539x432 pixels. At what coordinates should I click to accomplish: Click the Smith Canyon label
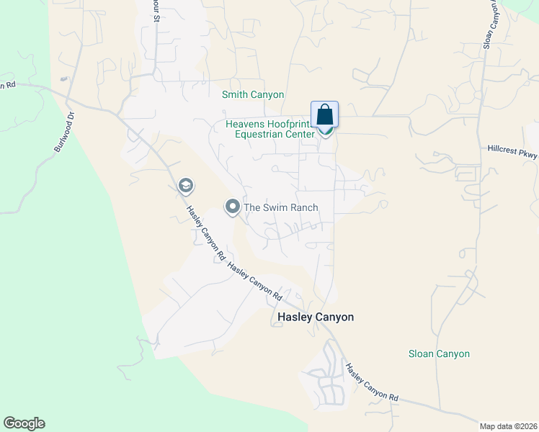(x=253, y=95)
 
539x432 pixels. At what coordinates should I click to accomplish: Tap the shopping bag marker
(x=324, y=115)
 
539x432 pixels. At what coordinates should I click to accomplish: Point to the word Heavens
(x=245, y=124)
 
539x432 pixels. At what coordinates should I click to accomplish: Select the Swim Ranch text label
(x=280, y=207)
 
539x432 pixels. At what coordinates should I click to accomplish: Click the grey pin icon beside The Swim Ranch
(x=233, y=207)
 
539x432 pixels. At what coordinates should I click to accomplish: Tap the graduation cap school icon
(x=185, y=186)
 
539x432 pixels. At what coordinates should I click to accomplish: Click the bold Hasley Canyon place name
(x=316, y=317)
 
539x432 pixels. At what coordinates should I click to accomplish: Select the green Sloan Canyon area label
(x=439, y=354)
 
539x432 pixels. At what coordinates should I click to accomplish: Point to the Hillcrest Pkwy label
(x=512, y=150)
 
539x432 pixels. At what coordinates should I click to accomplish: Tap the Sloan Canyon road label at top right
(x=490, y=26)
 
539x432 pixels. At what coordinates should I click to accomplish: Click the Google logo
(x=24, y=423)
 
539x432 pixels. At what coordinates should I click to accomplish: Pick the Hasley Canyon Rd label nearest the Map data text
(x=371, y=382)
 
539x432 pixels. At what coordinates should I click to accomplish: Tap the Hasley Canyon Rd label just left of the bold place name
(x=254, y=279)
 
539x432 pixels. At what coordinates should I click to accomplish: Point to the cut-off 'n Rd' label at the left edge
(x=7, y=85)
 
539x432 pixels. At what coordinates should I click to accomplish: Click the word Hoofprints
(x=292, y=124)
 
